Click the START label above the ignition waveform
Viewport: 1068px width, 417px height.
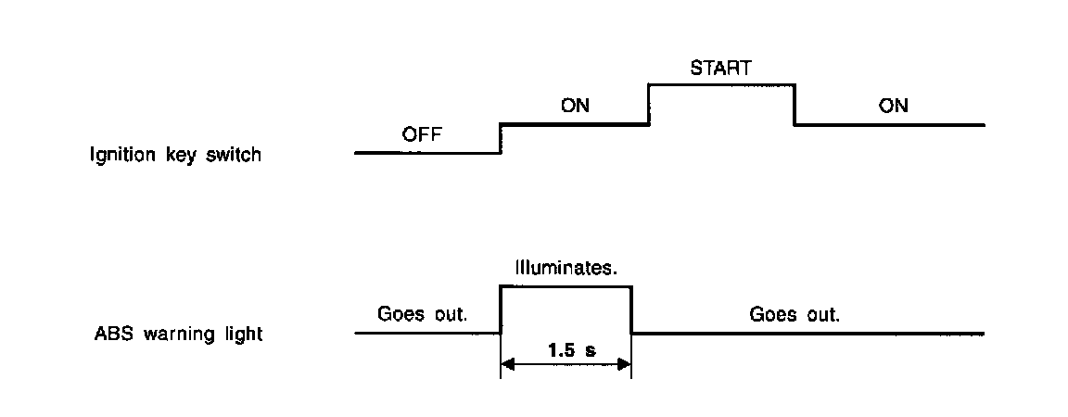[719, 68]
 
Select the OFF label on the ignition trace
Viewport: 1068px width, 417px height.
[423, 134]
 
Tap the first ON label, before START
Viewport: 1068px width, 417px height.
[576, 106]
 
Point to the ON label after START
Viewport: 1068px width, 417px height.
[893, 106]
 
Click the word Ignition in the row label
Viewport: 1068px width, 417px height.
[119, 156]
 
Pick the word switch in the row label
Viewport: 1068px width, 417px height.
[236, 156]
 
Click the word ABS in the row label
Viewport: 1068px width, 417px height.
[107, 334]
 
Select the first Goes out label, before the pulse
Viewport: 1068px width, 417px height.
[423, 314]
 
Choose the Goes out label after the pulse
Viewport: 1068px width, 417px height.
[795, 314]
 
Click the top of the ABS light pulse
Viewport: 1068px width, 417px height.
[566, 287]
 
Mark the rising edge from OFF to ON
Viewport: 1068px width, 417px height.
[501, 137]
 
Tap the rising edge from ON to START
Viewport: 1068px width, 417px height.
[648, 104]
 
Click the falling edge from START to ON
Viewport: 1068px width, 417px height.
[795, 104]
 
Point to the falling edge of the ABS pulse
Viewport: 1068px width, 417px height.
[631, 310]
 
